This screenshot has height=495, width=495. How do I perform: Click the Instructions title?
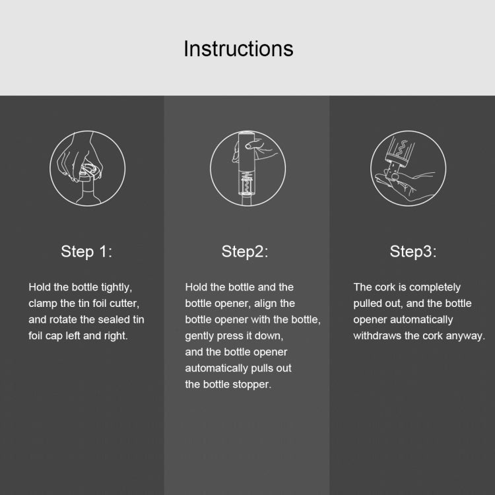[x=238, y=49]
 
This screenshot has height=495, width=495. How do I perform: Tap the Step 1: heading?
[x=86, y=251]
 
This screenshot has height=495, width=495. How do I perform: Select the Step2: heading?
[x=245, y=251]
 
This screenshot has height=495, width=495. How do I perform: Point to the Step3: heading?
[x=412, y=251]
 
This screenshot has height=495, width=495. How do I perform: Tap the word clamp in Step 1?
[x=43, y=304]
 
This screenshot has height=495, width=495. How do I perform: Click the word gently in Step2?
[x=201, y=336]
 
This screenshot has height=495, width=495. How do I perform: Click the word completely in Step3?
[x=435, y=287]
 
